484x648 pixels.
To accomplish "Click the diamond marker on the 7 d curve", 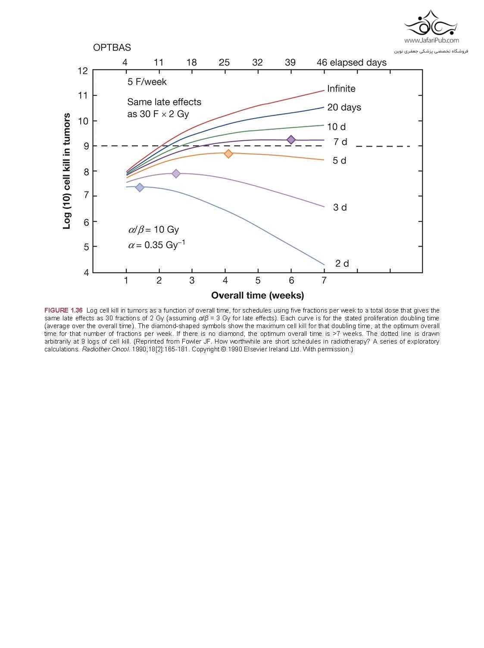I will tap(291, 140).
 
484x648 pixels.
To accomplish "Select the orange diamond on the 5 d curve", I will tap(228, 154).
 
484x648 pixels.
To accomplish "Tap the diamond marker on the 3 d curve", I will tap(176, 174).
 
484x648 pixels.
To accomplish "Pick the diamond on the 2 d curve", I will tap(140, 187).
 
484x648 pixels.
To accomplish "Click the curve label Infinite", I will tap(341, 89).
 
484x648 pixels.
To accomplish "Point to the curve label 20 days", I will tap(344, 107).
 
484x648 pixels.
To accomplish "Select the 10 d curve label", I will tap(336, 127).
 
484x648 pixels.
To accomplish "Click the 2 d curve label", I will tap(342, 263).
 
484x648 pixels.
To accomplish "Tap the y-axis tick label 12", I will tap(83, 71).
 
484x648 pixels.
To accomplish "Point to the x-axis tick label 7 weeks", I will tap(324, 281).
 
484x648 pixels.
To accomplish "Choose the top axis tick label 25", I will tap(224, 63).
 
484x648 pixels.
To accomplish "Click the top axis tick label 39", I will tap(290, 63).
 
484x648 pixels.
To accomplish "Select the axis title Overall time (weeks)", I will tap(257, 296).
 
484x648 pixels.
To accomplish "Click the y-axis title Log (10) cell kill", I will tap(67, 171).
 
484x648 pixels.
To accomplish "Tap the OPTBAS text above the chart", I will tap(112, 47).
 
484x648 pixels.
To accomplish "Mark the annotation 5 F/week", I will tap(147, 82).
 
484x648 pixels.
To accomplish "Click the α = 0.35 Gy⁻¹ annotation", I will tap(156, 245).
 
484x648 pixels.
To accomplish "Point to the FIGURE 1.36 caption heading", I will tap(63, 310).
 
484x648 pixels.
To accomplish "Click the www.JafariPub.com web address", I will tap(431, 41).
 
